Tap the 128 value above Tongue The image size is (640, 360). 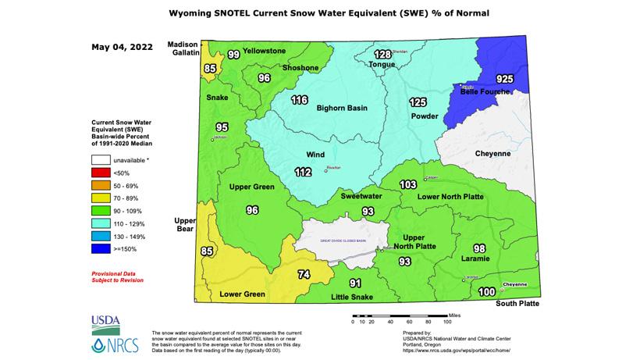click(x=382, y=54)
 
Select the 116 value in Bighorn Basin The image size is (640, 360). click(x=300, y=100)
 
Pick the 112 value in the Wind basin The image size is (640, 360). click(x=303, y=173)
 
